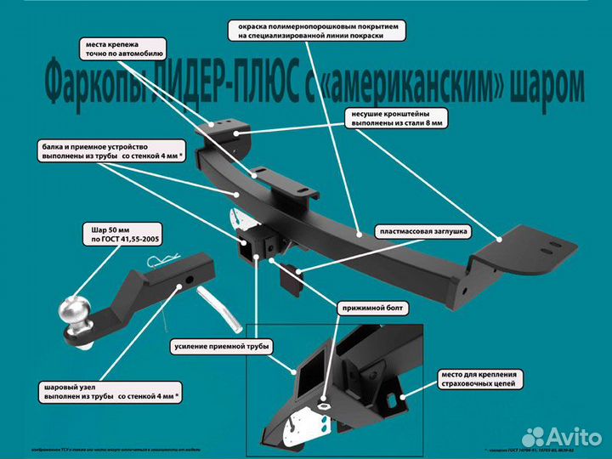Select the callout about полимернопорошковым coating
click(x=316, y=31)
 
